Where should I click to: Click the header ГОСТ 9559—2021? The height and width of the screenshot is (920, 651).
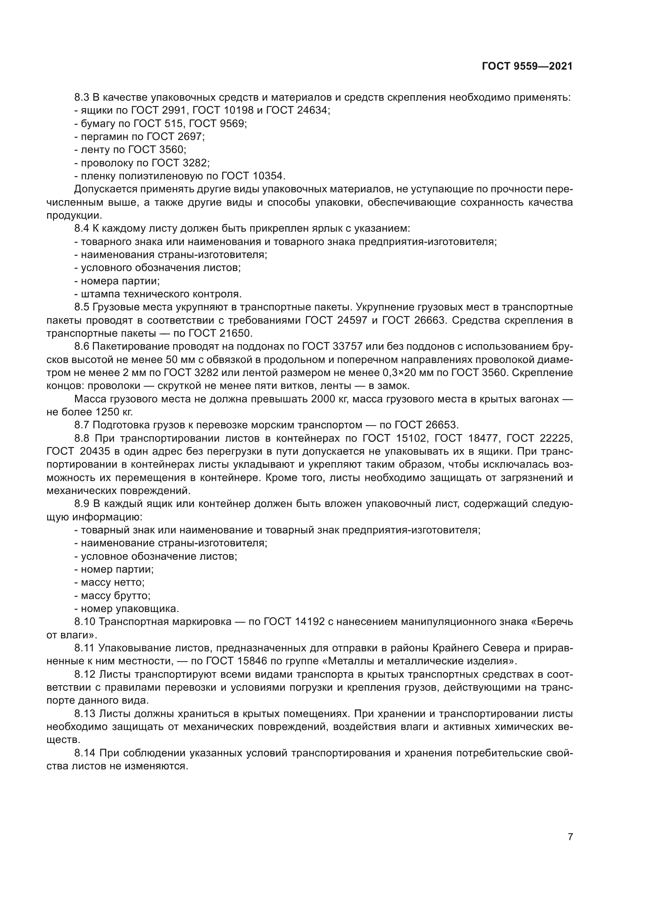[x=527, y=66]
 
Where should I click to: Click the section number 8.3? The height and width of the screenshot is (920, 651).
[x=82, y=98]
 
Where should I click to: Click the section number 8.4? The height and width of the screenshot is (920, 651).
[x=82, y=229]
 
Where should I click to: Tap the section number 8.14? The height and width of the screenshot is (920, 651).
[x=85, y=753]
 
